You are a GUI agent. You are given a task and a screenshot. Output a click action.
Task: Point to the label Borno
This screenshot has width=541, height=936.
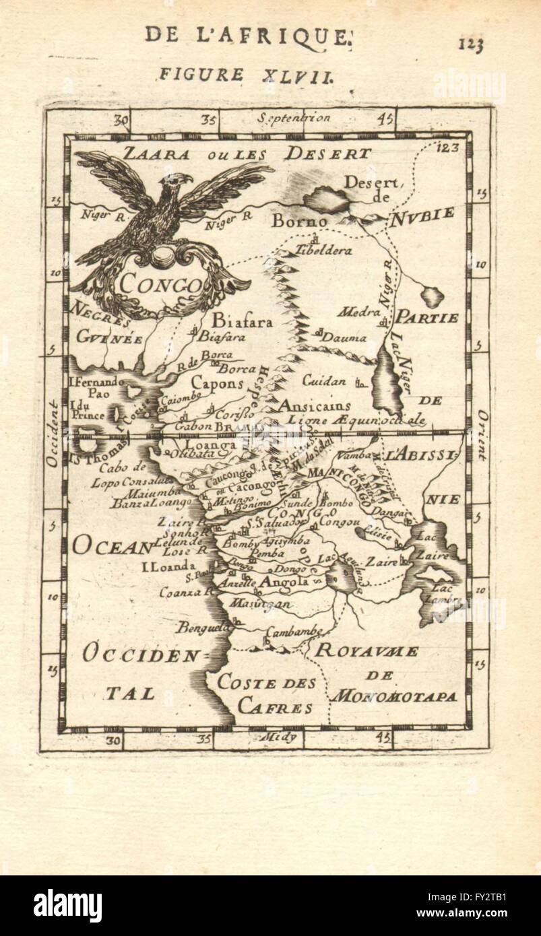(299, 221)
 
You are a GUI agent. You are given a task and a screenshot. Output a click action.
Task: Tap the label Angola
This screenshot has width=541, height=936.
(285, 581)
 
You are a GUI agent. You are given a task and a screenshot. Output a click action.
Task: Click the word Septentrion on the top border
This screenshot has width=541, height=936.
(294, 118)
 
